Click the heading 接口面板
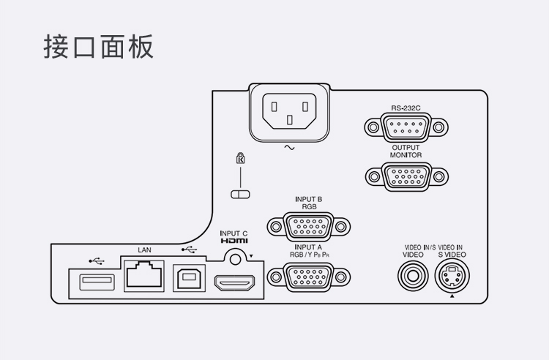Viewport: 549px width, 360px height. (99, 46)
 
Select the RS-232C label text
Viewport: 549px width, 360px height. (406, 108)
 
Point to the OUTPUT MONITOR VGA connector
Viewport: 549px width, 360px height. (406, 176)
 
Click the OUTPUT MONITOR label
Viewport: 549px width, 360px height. (406, 151)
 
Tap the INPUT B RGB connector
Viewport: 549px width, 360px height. (308, 226)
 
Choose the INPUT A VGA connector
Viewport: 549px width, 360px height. (308, 276)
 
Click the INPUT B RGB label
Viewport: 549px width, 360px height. (308, 202)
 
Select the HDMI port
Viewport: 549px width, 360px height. (234, 281)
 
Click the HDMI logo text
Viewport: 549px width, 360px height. (234, 241)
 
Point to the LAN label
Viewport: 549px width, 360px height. (144, 250)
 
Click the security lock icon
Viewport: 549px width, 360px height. (240, 159)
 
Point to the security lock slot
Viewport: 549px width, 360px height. (240, 194)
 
